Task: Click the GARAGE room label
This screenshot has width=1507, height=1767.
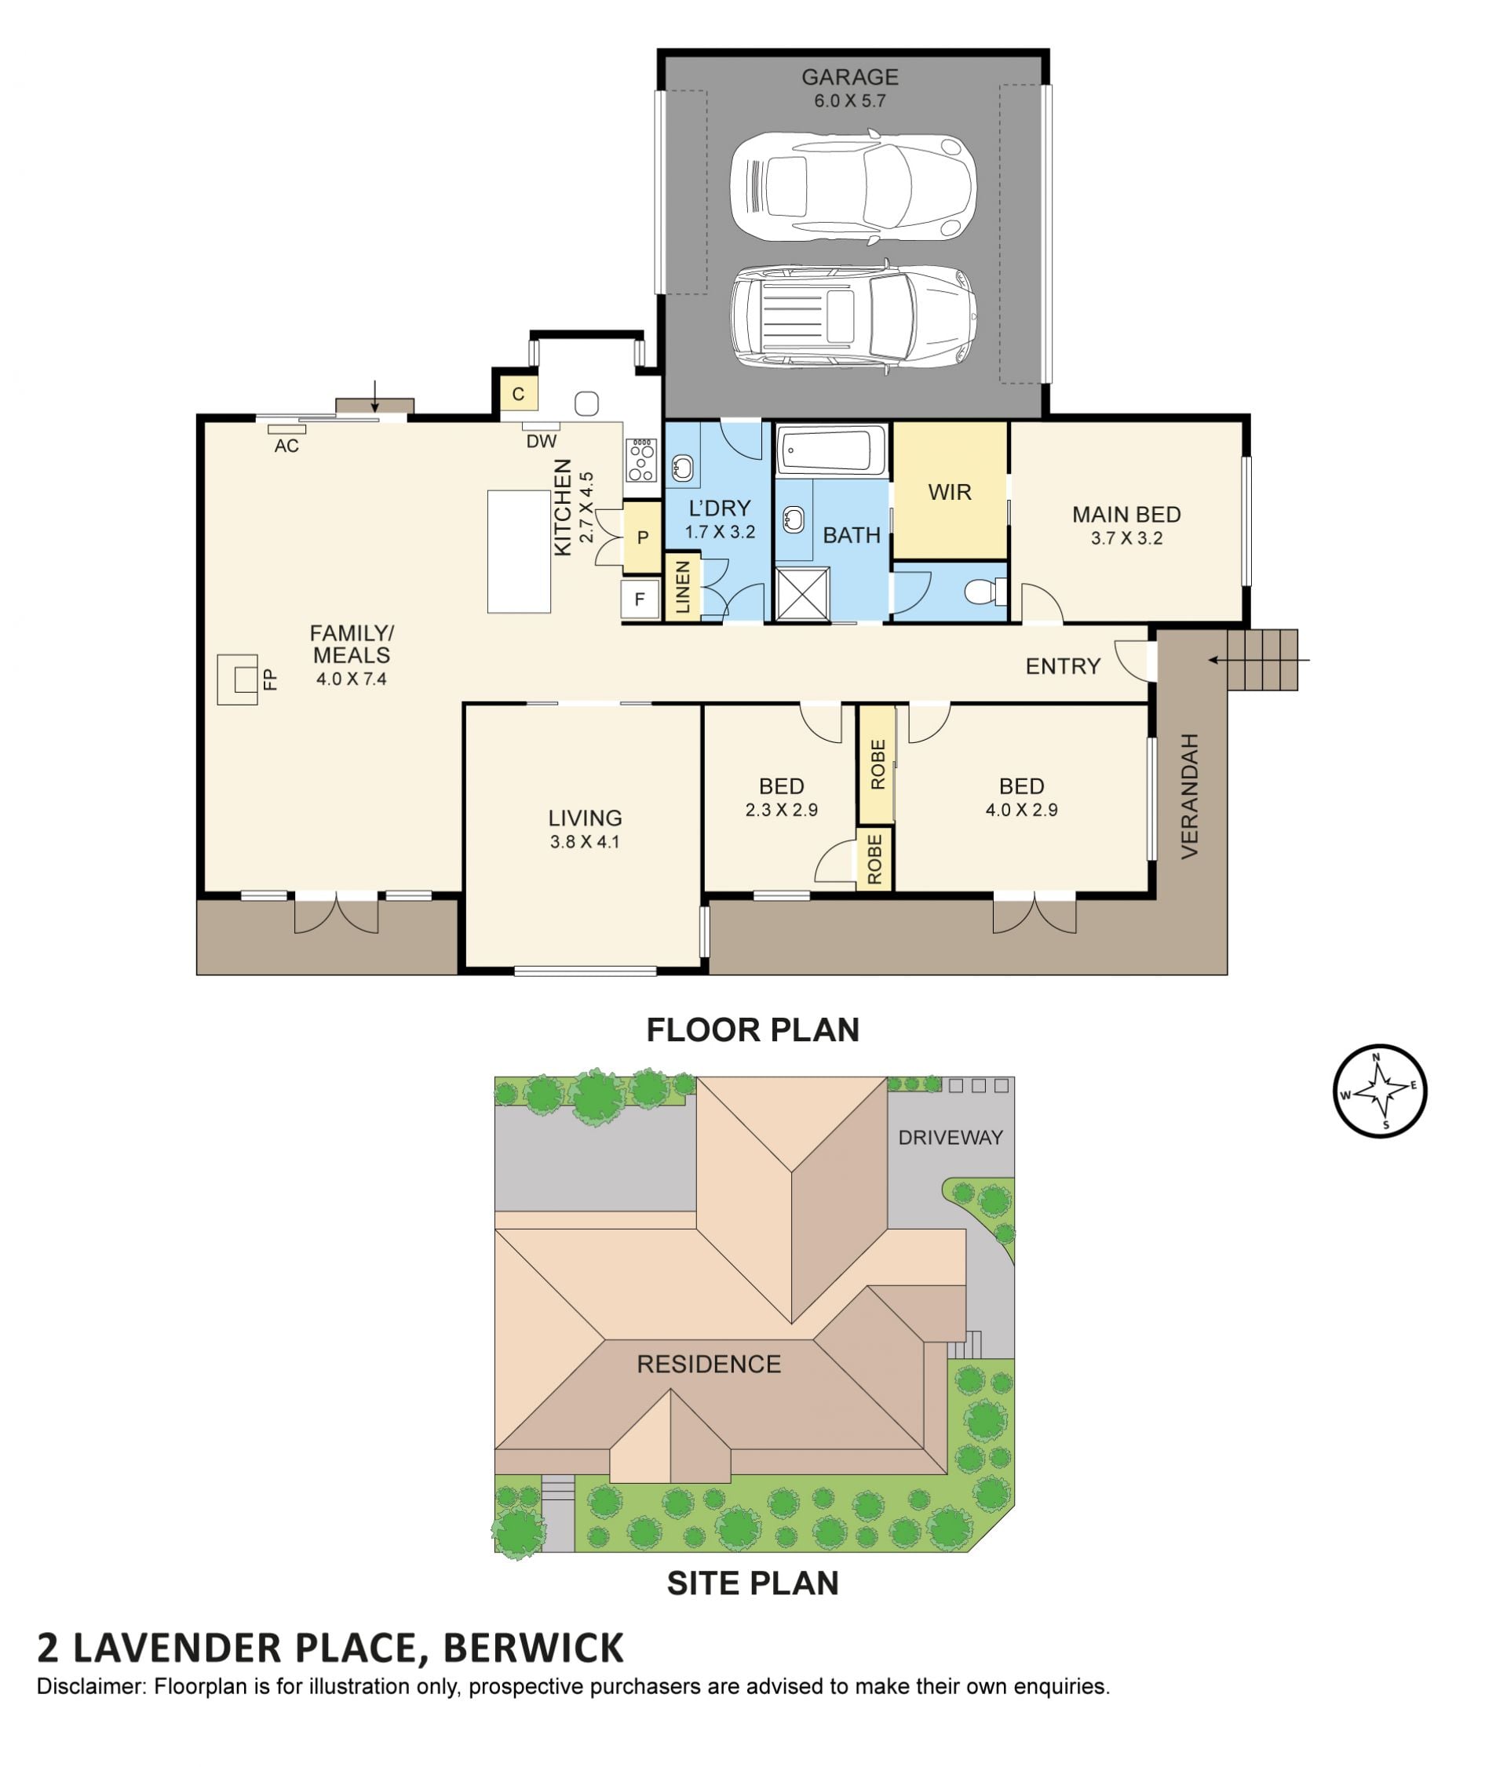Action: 849,77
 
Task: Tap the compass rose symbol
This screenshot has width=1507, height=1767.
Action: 1379,1091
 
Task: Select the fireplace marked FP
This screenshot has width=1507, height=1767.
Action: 237,679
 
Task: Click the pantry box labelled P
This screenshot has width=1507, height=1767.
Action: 641,537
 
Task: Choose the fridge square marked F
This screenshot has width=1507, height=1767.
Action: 640,599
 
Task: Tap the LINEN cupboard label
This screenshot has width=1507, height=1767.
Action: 682,587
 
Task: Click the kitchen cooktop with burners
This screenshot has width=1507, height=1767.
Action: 640,460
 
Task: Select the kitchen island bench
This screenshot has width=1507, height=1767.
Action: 519,551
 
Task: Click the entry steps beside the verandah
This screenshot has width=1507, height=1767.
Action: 1262,659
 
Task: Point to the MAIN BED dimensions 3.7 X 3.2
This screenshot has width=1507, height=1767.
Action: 1126,538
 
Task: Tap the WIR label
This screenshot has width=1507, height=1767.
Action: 949,492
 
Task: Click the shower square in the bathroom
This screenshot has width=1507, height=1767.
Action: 801,592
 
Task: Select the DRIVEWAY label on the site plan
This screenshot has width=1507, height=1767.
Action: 950,1137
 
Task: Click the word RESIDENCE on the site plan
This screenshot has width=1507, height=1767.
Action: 709,1364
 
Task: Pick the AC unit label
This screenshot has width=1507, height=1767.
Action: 286,446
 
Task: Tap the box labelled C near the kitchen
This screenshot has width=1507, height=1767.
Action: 518,395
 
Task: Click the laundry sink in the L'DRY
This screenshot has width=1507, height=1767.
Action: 681,468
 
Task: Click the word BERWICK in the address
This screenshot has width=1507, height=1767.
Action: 533,1649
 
